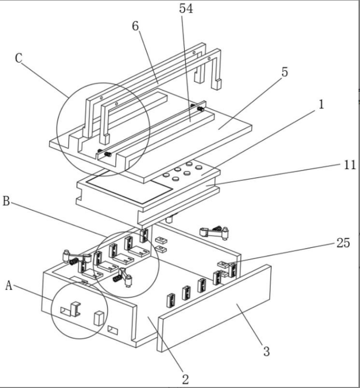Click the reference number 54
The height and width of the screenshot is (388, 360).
pyautogui.click(x=186, y=9)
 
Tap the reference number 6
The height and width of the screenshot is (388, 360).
pyautogui.click(x=136, y=26)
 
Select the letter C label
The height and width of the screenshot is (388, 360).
pyautogui.click(x=19, y=58)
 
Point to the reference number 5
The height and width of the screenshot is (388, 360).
pyautogui.click(x=285, y=72)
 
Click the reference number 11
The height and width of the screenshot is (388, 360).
pyautogui.click(x=350, y=165)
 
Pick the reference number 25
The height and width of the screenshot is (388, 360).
pyautogui.click(x=343, y=243)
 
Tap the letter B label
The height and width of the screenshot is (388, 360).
pyautogui.click(x=6, y=201)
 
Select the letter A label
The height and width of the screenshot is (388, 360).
pyautogui.click(x=9, y=285)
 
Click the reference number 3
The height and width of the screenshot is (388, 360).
pyautogui.click(x=267, y=351)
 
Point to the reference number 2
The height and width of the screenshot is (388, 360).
pyautogui.click(x=185, y=379)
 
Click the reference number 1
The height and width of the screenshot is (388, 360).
pyautogui.click(x=321, y=105)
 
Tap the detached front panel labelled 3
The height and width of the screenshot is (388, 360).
pyautogui.click(x=214, y=308)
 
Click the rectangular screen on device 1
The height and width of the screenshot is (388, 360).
pyautogui.click(x=129, y=187)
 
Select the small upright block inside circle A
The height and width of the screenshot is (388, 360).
pyautogui.click(x=99, y=318)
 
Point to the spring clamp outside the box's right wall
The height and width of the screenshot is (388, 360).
pyautogui.click(x=214, y=232)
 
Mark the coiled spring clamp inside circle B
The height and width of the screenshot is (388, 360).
pyautogui.click(x=123, y=277)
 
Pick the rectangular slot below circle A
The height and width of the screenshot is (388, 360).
pyautogui.click(x=113, y=330)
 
